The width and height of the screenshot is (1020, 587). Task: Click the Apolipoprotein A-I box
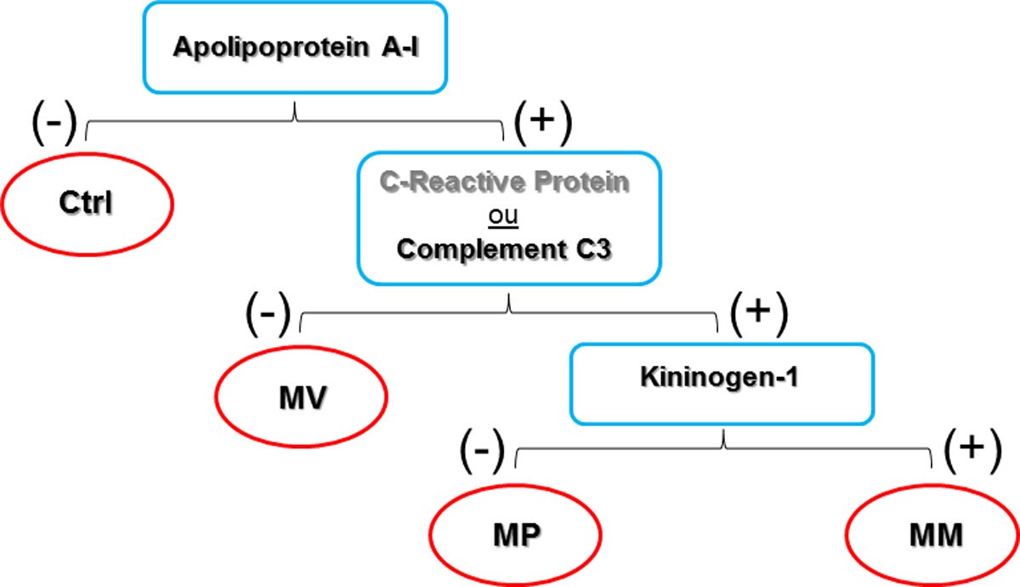pos(295,47)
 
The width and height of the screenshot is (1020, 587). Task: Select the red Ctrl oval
pos(88,205)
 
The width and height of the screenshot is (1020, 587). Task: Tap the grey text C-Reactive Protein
pos(507,184)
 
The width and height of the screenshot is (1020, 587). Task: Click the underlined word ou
pos(507,216)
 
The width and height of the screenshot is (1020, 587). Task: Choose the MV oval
pos(302,398)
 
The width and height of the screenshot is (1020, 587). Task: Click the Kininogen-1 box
pos(720,383)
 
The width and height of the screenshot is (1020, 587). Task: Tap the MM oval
pos(933,537)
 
